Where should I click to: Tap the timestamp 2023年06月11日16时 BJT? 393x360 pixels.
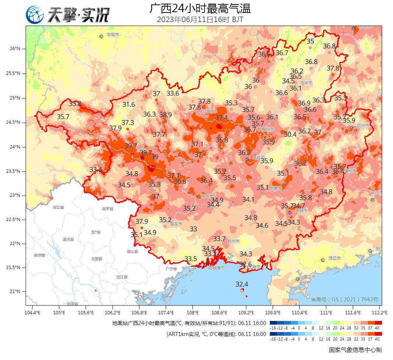pyautogui.click(x=200, y=20)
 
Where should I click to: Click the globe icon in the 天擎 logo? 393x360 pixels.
pyautogui.click(x=35, y=15)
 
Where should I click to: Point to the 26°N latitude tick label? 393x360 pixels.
pyautogui.click(x=15, y=49)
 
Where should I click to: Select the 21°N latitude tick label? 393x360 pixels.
pyautogui.click(x=15, y=292)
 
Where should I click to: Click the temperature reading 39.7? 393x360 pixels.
pyautogui.click(x=131, y=146)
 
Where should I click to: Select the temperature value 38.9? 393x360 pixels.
pyautogui.click(x=165, y=115)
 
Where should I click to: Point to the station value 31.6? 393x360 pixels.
pyautogui.click(x=129, y=104)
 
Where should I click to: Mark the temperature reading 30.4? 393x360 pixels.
pyautogui.click(x=290, y=134)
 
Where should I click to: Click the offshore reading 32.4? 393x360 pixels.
pyautogui.click(x=242, y=284)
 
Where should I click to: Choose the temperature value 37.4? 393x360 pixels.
pyautogui.click(x=222, y=118)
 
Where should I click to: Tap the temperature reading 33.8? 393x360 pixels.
pyautogui.click(x=75, y=104)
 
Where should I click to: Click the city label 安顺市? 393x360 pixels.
pyautogui.click(x=113, y=35)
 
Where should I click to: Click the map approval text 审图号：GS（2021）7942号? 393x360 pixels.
pyautogui.click(x=345, y=300)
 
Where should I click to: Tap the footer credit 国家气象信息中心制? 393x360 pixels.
pyautogui.click(x=355, y=350)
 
